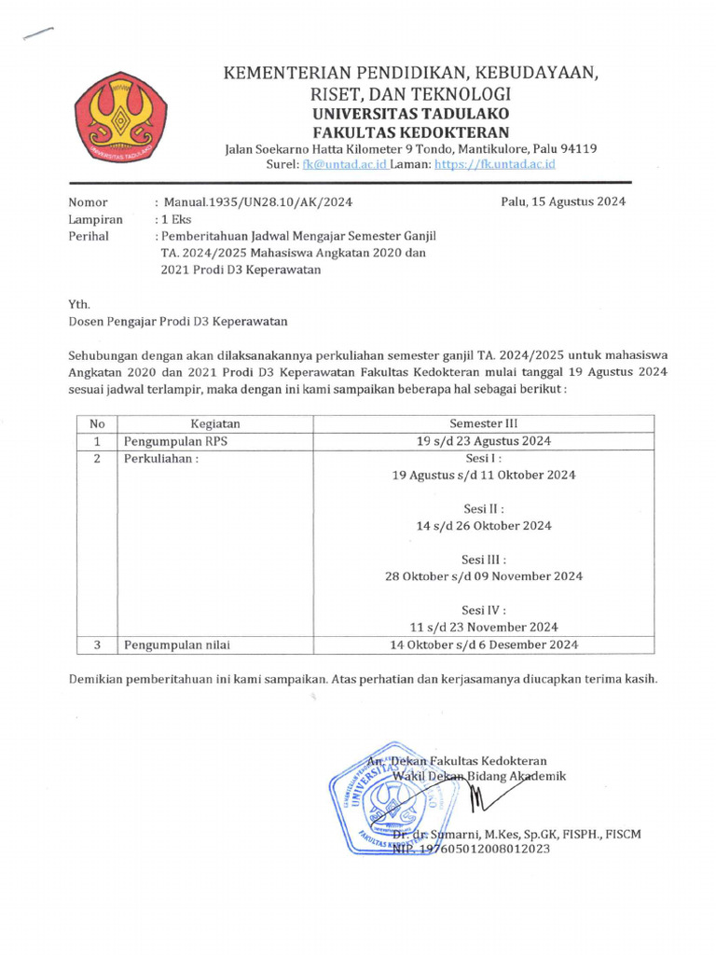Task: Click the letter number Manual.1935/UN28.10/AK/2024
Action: (x=257, y=202)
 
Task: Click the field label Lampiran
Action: (x=95, y=219)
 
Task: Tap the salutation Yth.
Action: (x=79, y=304)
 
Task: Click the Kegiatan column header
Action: (x=215, y=423)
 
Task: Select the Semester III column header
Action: (x=484, y=423)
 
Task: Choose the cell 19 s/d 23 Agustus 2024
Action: (x=484, y=441)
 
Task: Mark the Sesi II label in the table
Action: (x=484, y=509)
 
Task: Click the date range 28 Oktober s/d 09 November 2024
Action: (x=484, y=576)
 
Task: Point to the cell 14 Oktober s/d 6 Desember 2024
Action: (x=484, y=644)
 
